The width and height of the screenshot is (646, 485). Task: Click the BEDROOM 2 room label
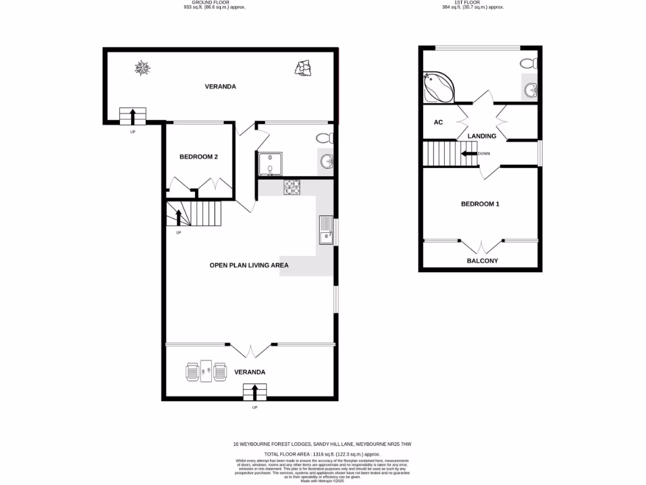point(199,157)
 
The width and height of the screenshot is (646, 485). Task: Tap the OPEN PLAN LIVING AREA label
point(249,266)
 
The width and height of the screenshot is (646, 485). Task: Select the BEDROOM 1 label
point(480,204)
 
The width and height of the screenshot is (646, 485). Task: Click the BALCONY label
point(482,261)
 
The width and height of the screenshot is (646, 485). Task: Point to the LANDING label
point(481,136)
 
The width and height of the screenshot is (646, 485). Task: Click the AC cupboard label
point(438,123)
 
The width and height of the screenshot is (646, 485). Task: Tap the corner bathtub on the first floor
point(438,87)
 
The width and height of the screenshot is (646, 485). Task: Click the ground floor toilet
point(324,138)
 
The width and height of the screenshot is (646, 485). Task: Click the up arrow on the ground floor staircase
point(179,217)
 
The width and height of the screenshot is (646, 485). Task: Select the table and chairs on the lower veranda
point(206,371)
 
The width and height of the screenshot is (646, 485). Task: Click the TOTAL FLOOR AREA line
point(322,454)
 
